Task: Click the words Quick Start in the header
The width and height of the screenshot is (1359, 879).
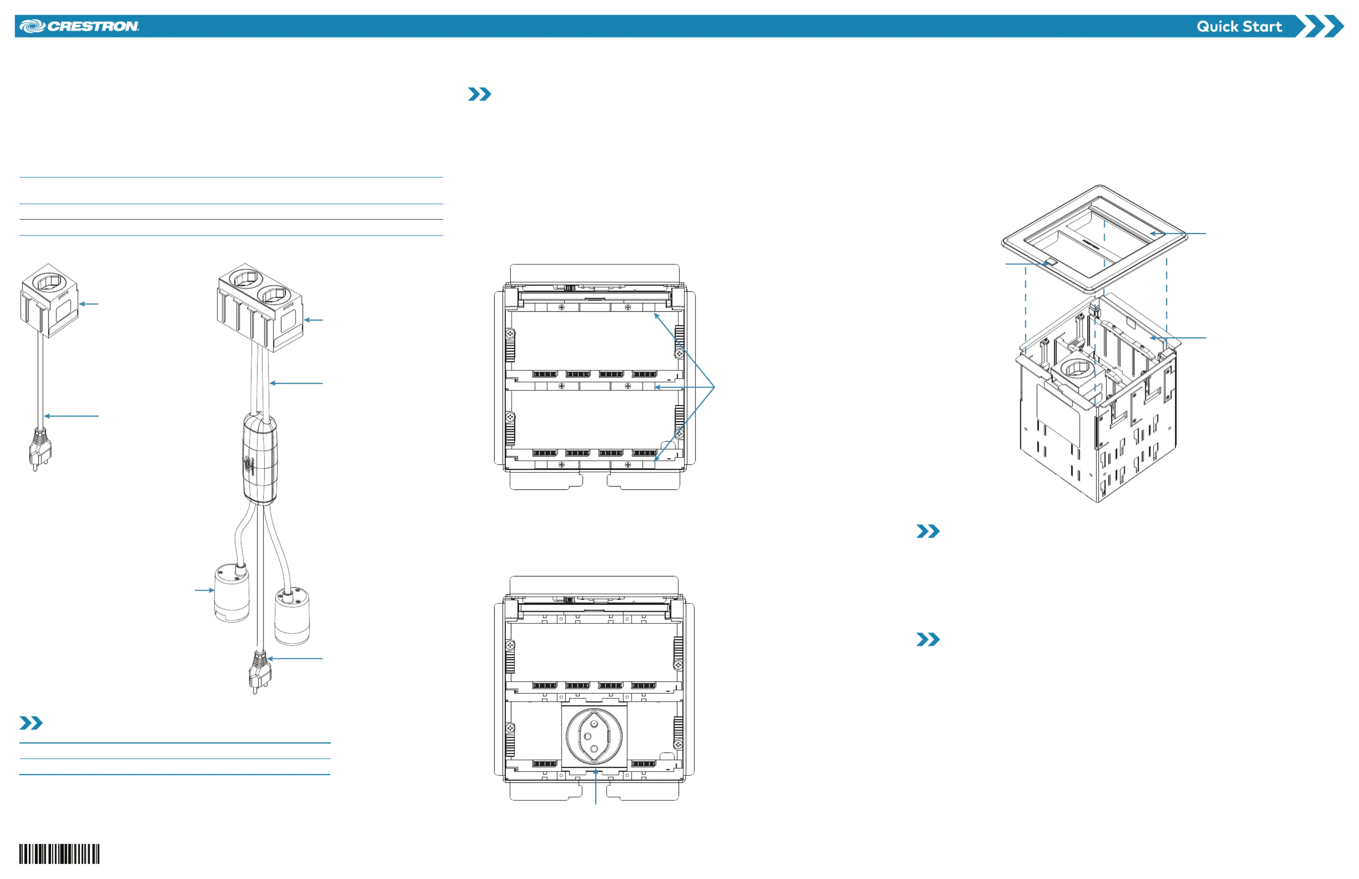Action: click(1239, 26)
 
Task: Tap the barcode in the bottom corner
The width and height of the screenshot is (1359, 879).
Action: click(60, 854)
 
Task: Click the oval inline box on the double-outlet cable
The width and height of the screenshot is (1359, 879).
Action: click(260, 458)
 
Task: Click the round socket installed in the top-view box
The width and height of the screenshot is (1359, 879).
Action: click(594, 736)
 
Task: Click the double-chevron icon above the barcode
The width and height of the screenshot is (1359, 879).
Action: click(31, 723)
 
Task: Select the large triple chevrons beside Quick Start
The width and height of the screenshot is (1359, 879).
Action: click(1319, 26)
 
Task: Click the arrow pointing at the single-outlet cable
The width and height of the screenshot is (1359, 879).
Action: click(71, 416)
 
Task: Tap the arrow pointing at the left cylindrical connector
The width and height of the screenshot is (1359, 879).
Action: click(204, 590)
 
